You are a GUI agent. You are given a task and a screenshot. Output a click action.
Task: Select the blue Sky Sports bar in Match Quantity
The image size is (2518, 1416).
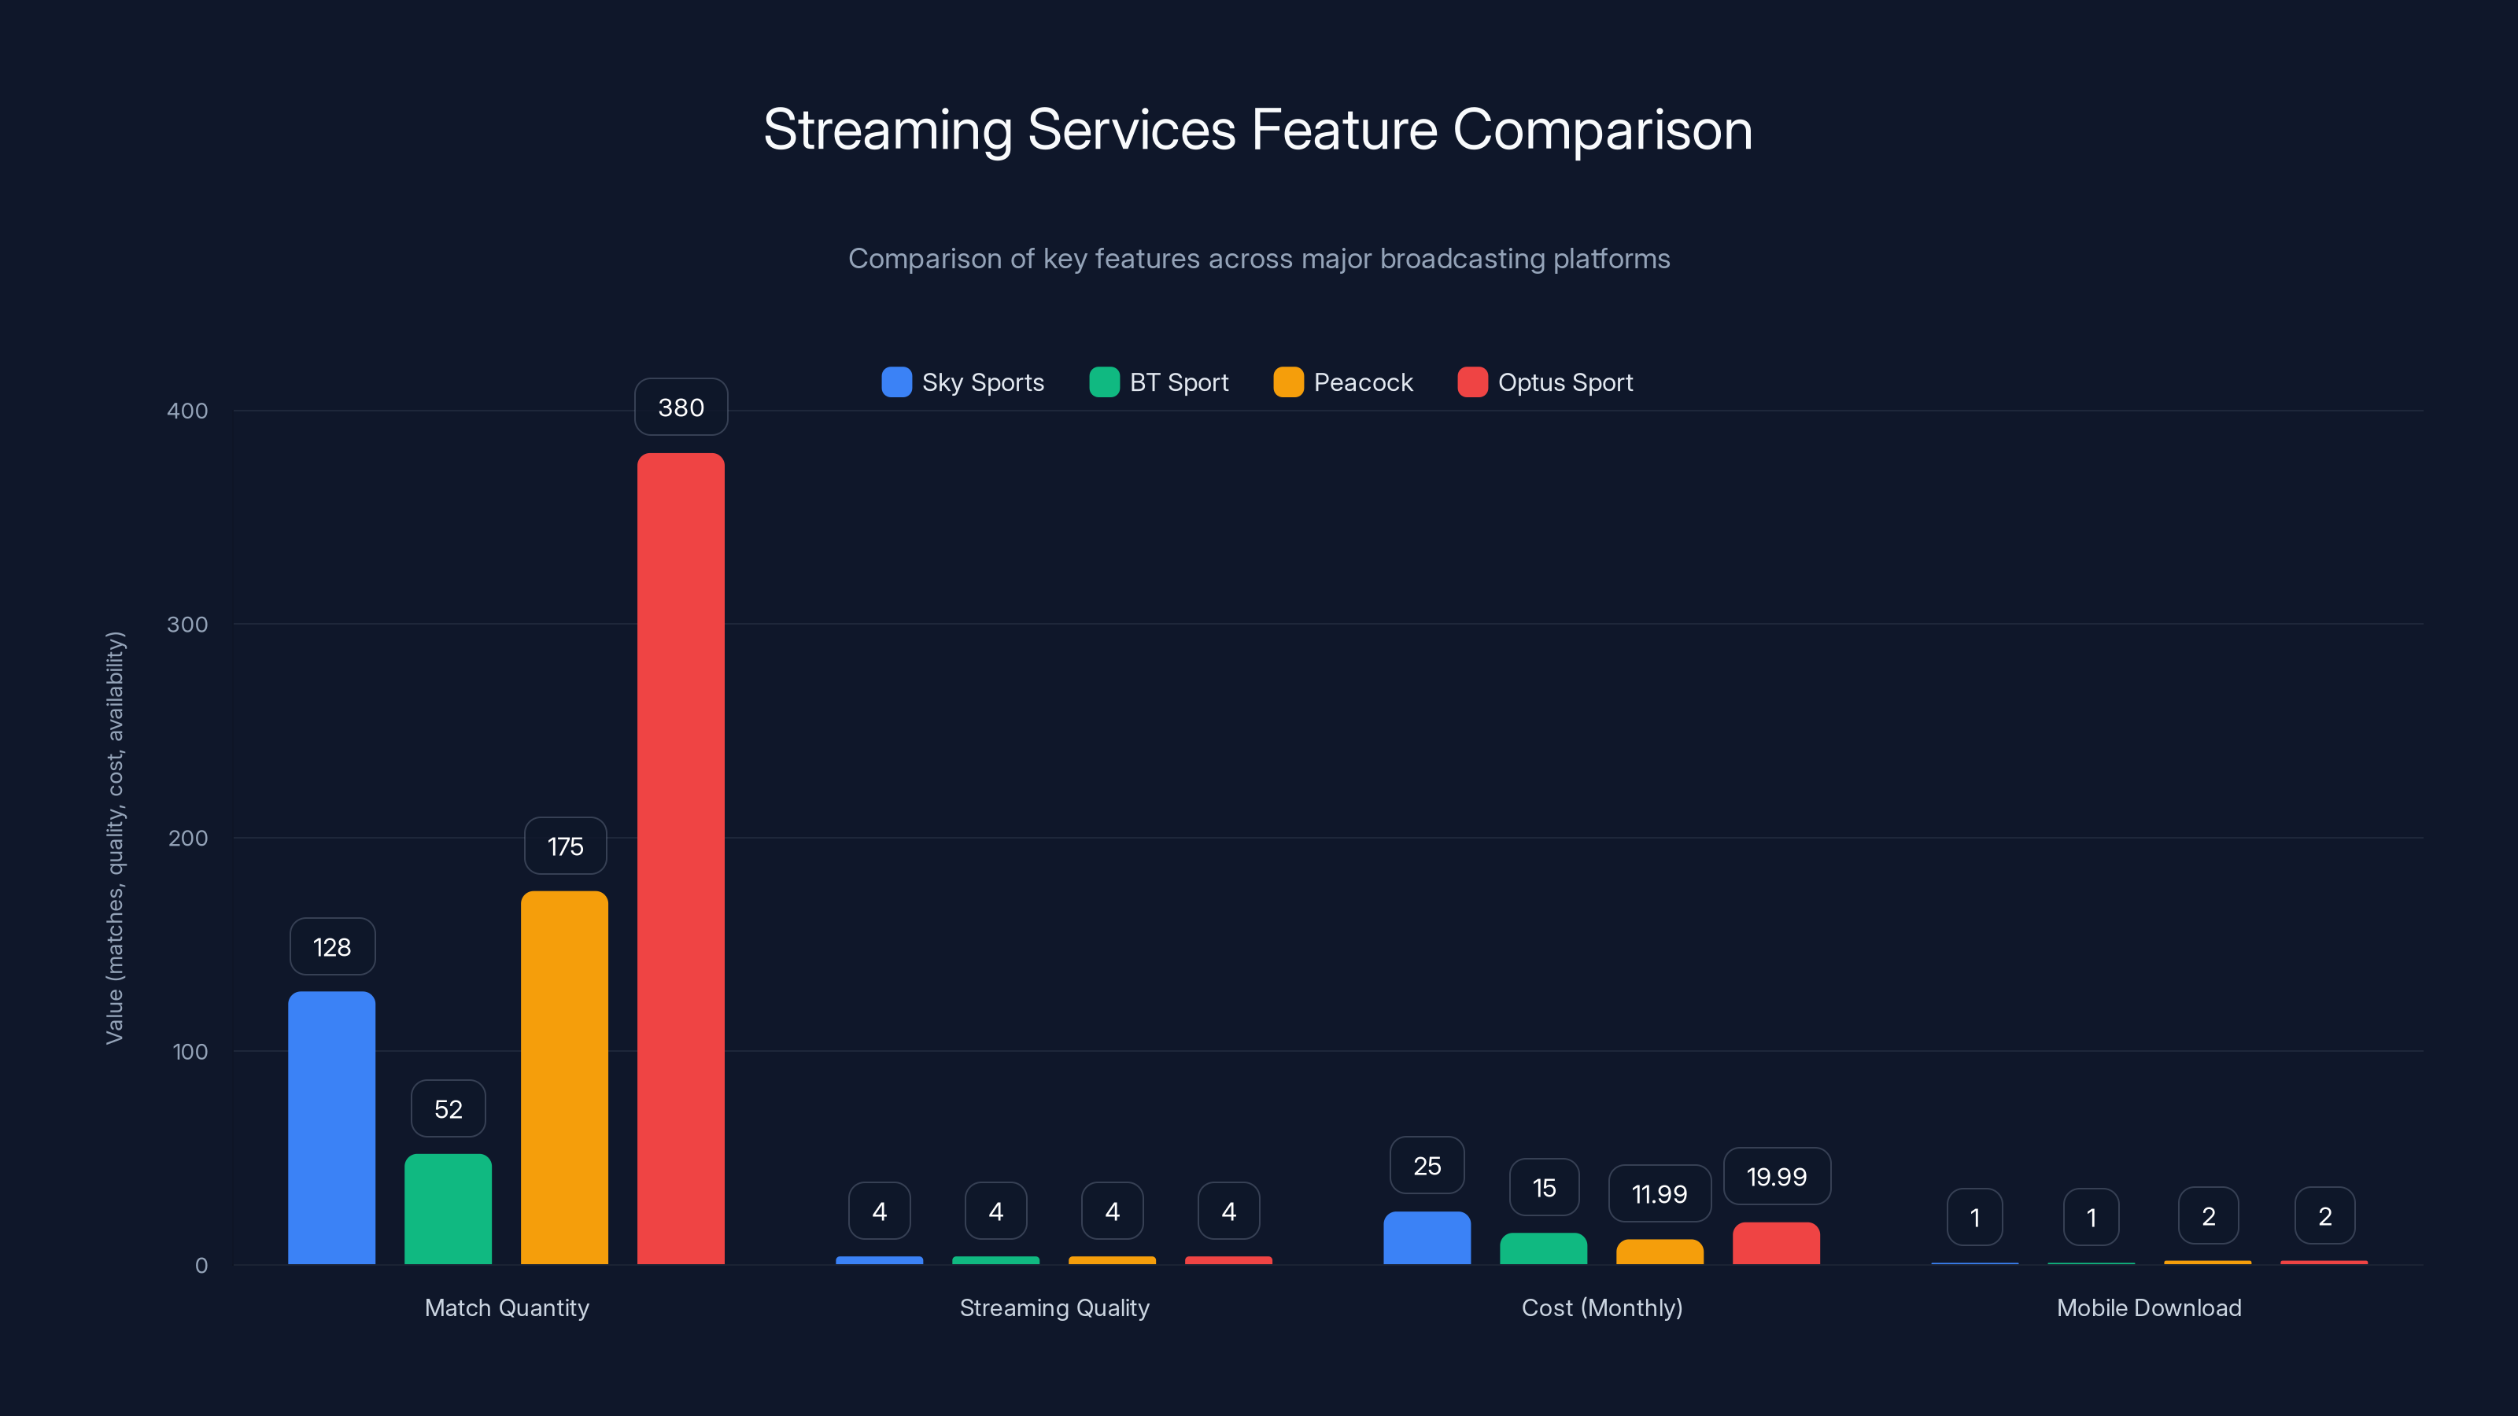[x=331, y=1128]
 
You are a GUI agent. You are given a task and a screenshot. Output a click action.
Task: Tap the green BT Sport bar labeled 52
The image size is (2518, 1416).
[x=448, y=1209]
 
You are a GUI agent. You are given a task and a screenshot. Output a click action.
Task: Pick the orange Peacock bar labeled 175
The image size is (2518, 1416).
[x=564, y=1077]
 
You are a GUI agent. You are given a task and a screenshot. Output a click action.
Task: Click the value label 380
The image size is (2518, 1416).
[x=681, y=407]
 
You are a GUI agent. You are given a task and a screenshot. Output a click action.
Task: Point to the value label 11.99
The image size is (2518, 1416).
[x=1659, y=1193]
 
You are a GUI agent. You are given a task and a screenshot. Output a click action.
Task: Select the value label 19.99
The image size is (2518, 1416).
[x=1776, y=1177]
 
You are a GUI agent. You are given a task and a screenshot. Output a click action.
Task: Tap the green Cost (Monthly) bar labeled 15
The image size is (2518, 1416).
[x=1542, y=1249]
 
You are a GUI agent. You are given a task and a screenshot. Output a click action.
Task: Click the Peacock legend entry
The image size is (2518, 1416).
[x=1343, y=382]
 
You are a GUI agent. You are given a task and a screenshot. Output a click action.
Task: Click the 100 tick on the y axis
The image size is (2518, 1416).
[x=190, y=1052]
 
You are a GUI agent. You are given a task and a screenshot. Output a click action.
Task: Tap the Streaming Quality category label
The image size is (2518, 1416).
[x=1054, y=1307]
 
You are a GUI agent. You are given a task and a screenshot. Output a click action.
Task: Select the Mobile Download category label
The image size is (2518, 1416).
[x=2148, y=1307]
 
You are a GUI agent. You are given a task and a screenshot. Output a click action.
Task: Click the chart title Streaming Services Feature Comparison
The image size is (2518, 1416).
[x=1258, y=130]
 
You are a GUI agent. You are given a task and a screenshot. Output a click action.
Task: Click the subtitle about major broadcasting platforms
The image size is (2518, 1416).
[x=1258, y=259]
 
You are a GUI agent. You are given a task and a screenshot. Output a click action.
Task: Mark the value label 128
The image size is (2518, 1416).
[x=331, y=947]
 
